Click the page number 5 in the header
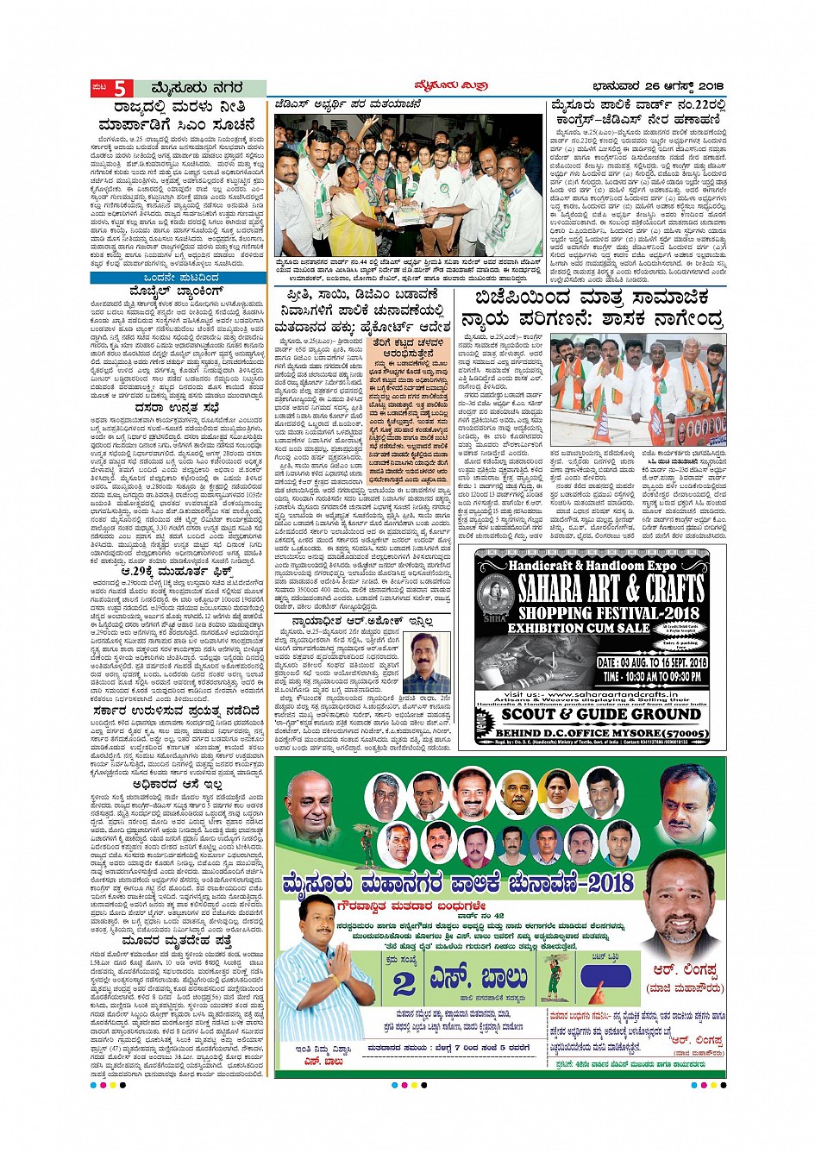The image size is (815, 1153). tap(119, 89)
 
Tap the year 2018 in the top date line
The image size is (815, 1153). tap(709, 86)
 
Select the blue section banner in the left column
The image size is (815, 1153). tap(179, 277)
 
